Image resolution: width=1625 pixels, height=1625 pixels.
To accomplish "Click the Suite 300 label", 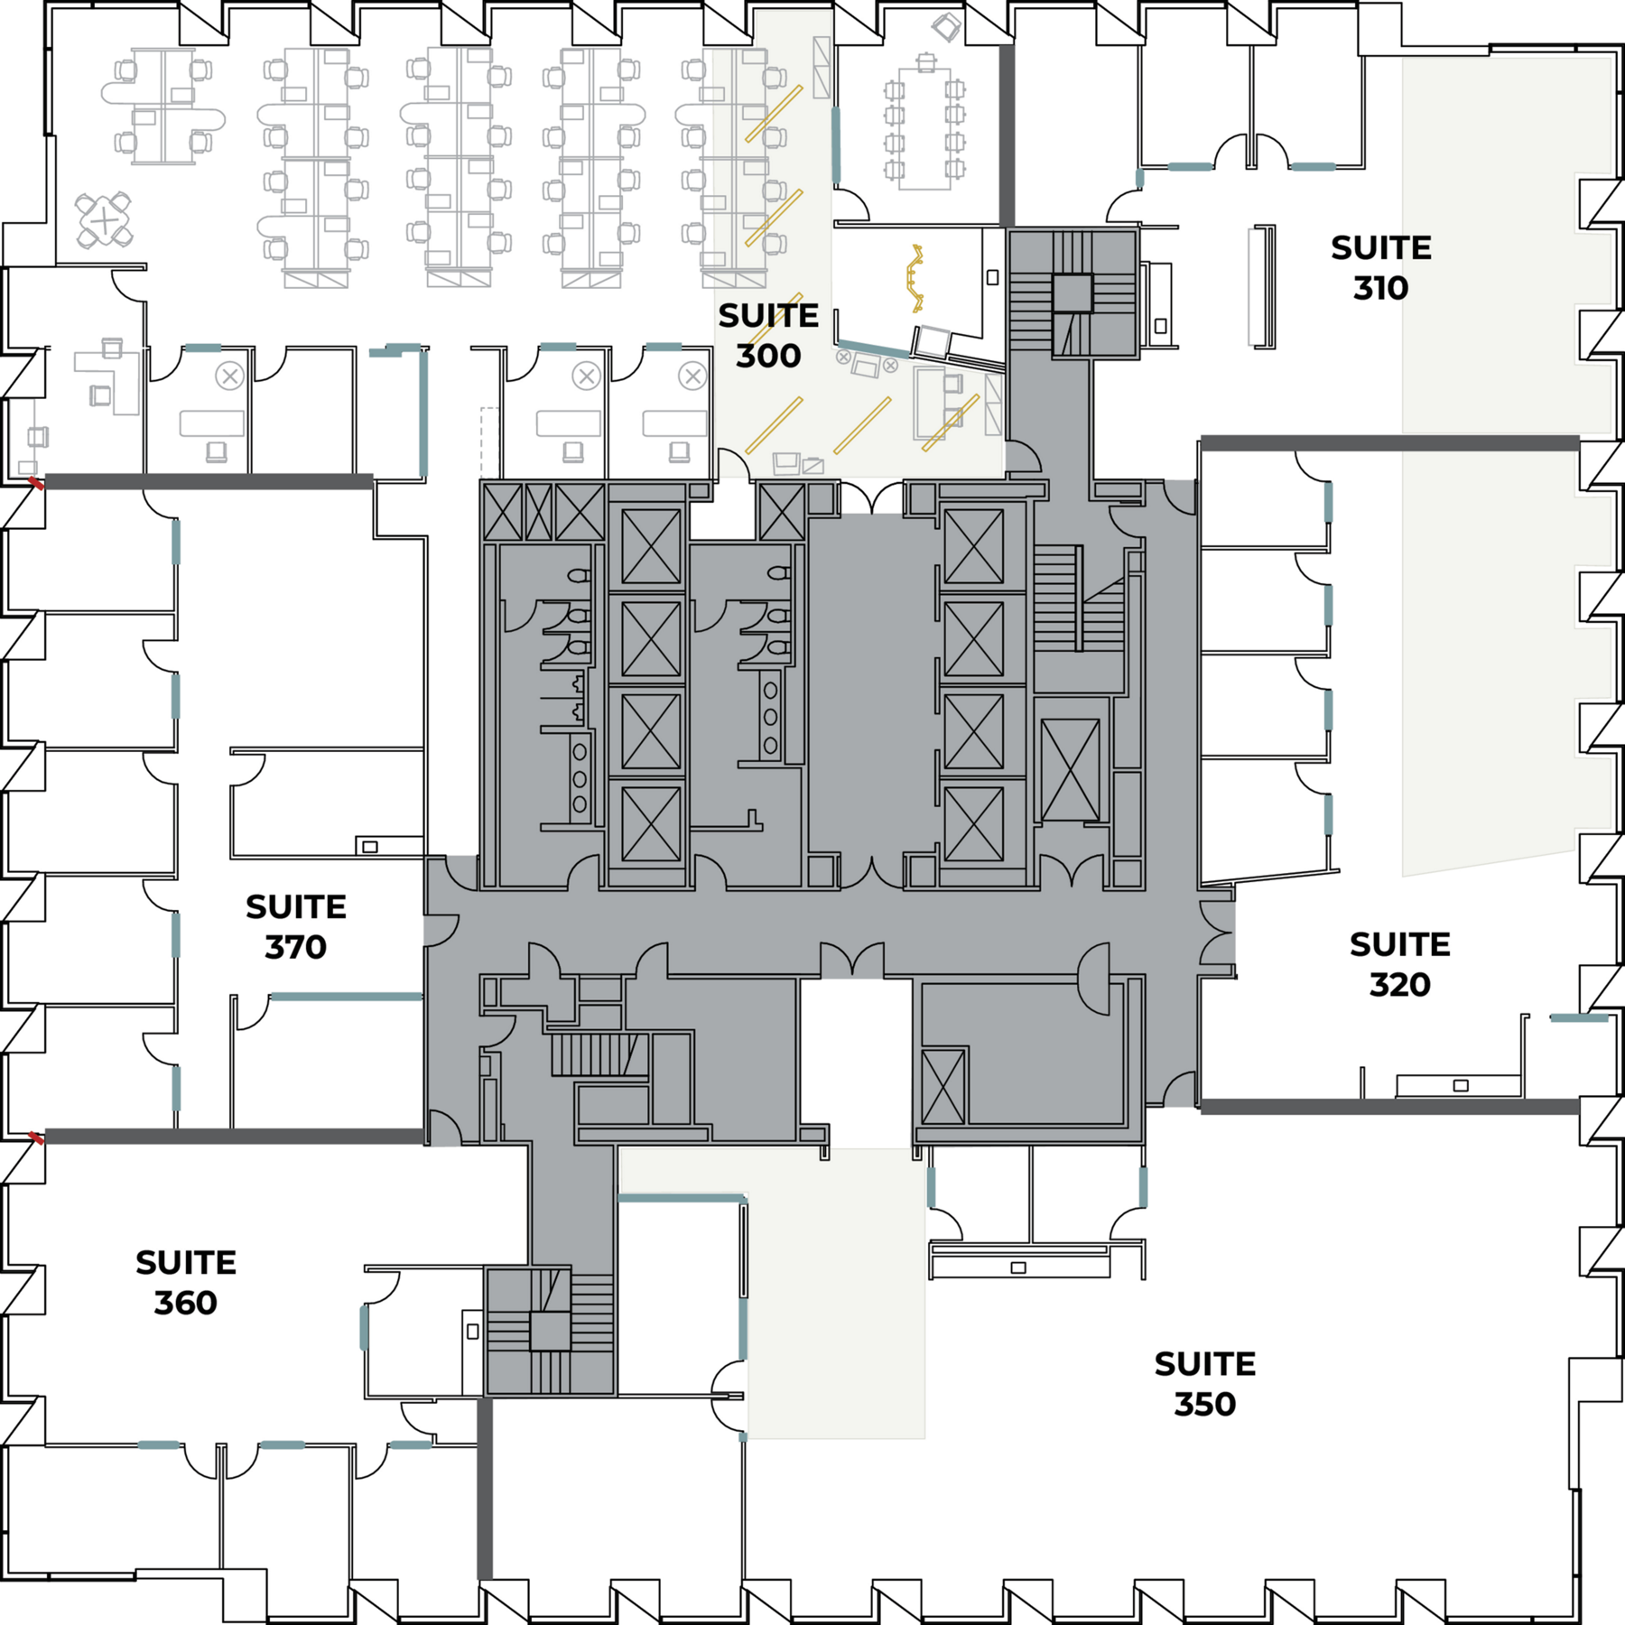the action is pyautogui.click(x=768, y=336).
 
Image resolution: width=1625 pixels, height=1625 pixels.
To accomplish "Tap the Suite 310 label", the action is pyautogui.click(x=1380, y=268).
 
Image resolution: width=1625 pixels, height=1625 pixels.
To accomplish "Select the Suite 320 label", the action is pyautogui.click(x=1399, y=964).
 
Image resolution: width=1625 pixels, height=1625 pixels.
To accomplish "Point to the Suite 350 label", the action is pyautogui.click(x=1204, y=1384).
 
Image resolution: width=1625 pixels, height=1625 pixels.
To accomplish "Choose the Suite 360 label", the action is pyautogui.click(x=186, y=1283).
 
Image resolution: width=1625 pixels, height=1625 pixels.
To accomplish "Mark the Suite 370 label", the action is pyautogui.click(x=296, y=927).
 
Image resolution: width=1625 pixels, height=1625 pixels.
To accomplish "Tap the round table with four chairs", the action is pyautogui.click(x=104, y=220).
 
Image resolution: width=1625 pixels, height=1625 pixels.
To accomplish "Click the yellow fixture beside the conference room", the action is pyautogui.click(x=916, y=278).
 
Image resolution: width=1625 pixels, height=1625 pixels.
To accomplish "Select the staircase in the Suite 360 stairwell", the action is pyautogui.click(x=550, y=1331).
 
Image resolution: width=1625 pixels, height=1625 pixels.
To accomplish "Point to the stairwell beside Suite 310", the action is pyautogui.click(x=1072, y=292).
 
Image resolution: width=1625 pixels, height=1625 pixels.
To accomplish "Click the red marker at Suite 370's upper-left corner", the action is pyautogui.click(x=35, y=484).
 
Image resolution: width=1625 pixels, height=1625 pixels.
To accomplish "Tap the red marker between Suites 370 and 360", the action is pyautogui.click(x=35, y=1138).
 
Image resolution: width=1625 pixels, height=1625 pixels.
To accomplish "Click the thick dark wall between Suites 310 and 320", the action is pyautogui.click(x=1390, y=443).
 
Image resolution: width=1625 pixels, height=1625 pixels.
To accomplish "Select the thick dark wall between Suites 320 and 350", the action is pyautogui.click(x=1390, y=1106).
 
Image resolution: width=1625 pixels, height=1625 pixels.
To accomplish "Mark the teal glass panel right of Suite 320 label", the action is pyautogui.click(x=1579, y=1018).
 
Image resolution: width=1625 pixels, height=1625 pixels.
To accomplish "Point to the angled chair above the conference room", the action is pyautogui.click(x=946, y=27).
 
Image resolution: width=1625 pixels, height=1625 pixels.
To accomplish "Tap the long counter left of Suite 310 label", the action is pyautogui.click(x=1263, y=286).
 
